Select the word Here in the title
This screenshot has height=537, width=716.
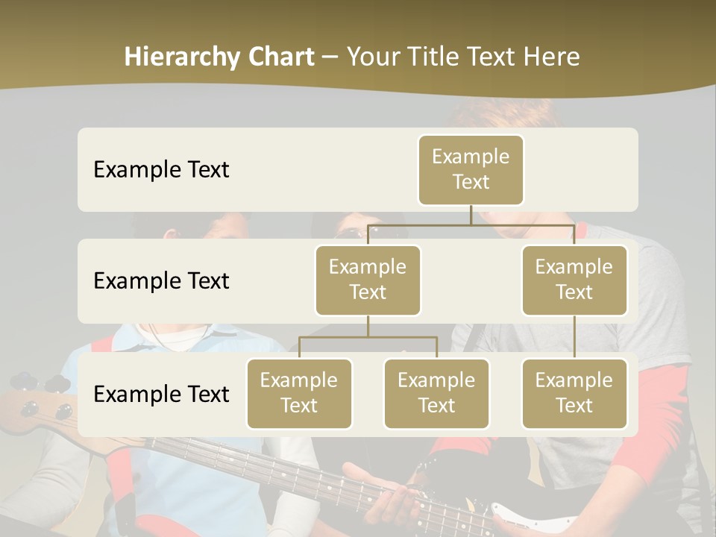tap(551, 57)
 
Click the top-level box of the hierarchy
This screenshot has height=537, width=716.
tap(471, 170)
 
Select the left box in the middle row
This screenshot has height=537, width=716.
tap(368, 280)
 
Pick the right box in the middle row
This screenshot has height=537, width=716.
tap(574, 280)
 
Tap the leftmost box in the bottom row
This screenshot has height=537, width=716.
tap(299, 394)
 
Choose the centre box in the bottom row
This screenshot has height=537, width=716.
tap(436, 394)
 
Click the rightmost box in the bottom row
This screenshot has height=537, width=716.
tap(574, 394)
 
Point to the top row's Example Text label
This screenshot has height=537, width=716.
tap(161, 170)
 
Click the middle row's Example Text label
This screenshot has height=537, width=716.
tap(161, 281)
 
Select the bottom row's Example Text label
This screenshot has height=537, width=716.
tap(161, 394)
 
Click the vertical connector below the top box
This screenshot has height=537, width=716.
tap(471, 215)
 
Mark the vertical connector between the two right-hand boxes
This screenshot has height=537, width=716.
tap(574, 337)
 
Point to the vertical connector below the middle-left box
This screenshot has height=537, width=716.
tap(368, 327)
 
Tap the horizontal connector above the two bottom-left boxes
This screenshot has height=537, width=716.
tap(368, 337)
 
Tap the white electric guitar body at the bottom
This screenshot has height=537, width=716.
tap(522, 518)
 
